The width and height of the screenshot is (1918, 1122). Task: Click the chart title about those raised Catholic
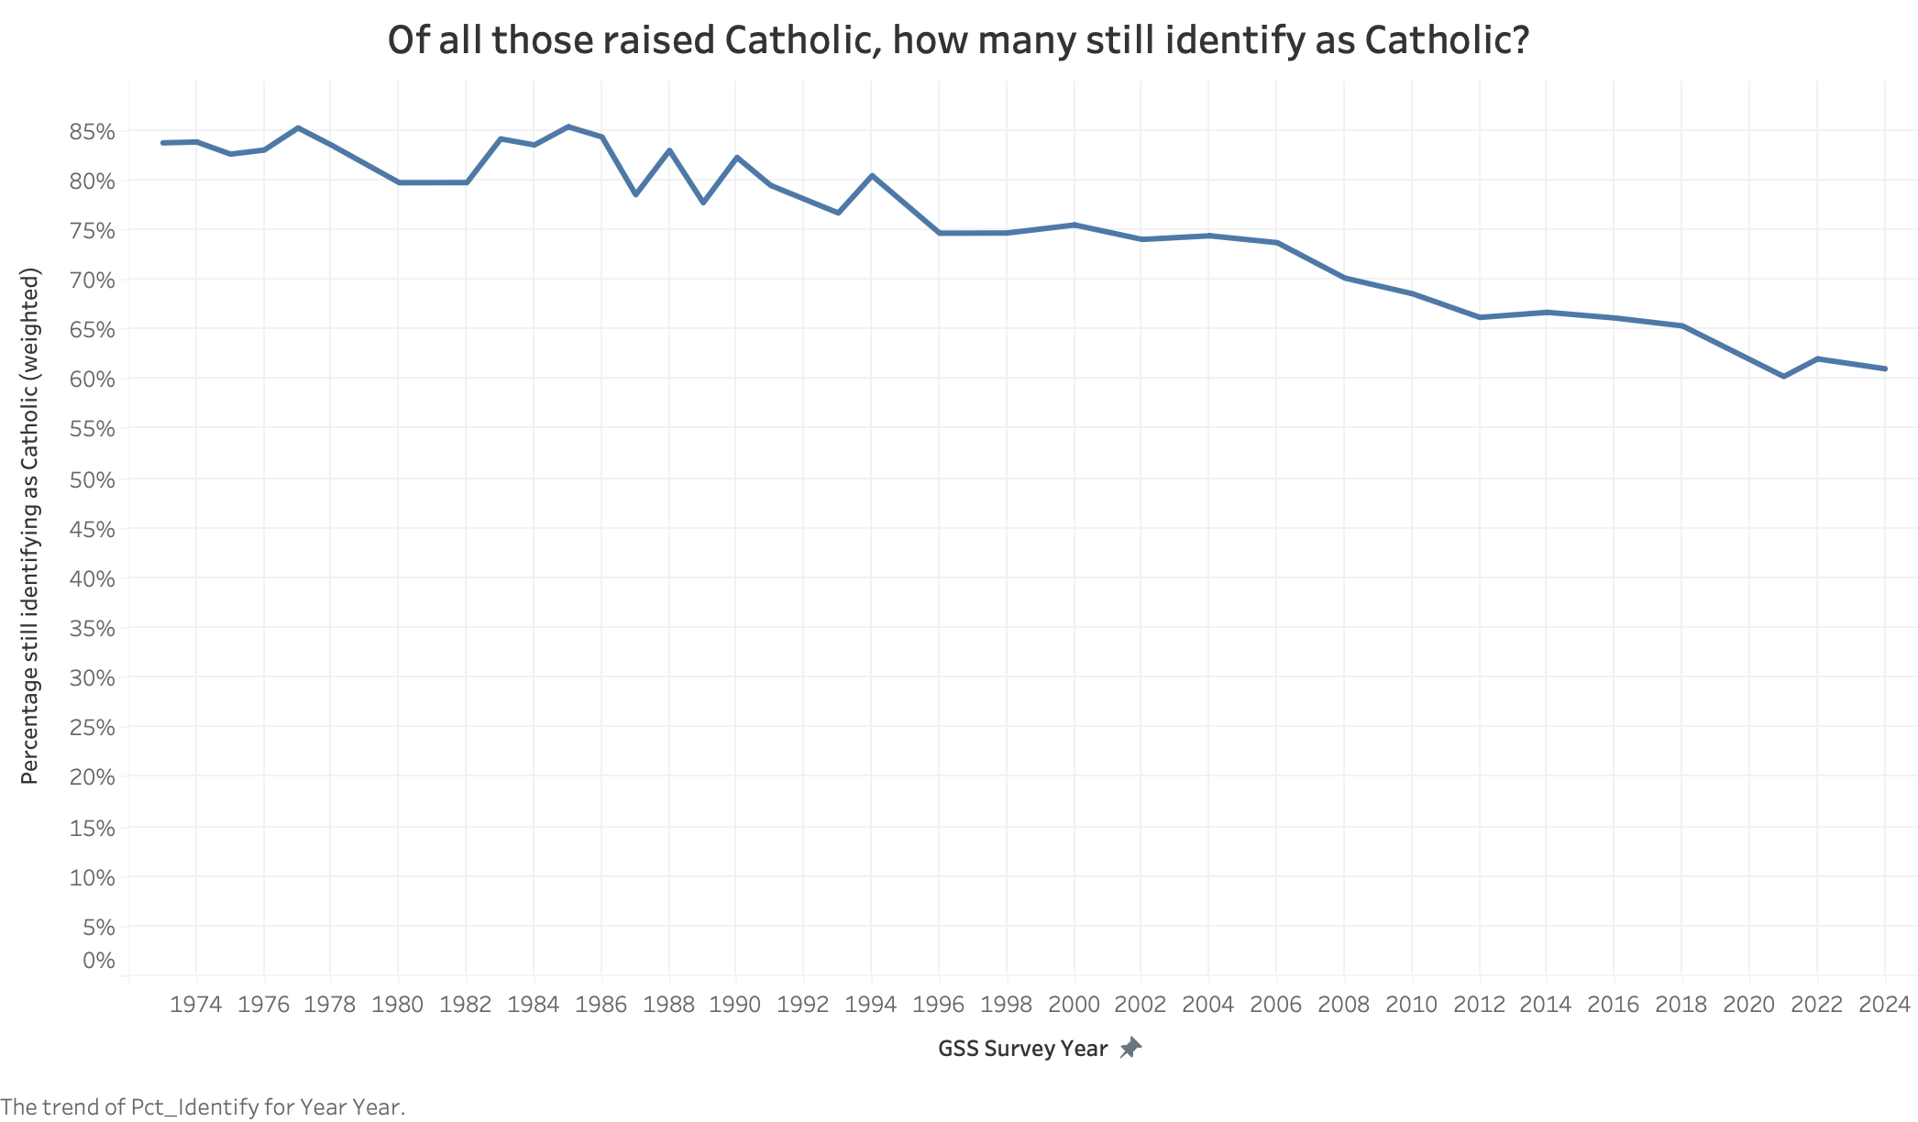958,40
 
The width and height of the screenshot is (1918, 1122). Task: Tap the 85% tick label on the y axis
92,132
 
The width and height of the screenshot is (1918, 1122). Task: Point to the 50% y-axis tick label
92,479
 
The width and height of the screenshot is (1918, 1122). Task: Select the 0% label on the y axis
99,961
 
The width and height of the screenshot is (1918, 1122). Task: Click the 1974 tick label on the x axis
196,1005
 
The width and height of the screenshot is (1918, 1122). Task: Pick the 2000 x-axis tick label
1074,1005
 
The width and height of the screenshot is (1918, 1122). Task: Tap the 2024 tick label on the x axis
1884,1005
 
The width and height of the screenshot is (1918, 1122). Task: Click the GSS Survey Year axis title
1022,1049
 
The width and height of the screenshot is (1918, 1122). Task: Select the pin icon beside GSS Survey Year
1130,1048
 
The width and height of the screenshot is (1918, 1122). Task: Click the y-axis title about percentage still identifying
30,526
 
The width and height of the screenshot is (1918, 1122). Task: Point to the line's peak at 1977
298,128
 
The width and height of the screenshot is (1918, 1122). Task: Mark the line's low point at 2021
1783,377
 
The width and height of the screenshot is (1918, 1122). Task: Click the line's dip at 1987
635,194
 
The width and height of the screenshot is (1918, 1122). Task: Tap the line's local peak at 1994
871,175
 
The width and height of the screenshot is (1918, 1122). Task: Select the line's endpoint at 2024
1884,368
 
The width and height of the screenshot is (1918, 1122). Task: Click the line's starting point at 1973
163,143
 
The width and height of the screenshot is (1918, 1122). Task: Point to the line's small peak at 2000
1074,225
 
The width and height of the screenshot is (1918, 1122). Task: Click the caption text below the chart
203,1107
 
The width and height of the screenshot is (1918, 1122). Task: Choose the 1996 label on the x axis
939,1005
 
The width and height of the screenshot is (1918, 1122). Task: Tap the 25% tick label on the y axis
92,728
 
